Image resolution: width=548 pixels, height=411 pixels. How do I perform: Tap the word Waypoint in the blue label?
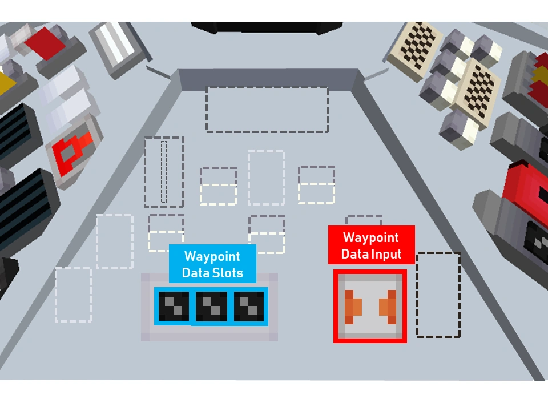[x=212, y=257]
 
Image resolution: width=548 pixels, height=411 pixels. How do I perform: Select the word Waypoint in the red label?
[x=371, y=237]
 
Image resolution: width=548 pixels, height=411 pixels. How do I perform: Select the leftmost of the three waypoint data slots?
[x=174, y=306]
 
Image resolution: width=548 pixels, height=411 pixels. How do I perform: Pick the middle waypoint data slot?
[x=211, y=306]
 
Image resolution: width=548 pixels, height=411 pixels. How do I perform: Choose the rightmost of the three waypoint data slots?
[x=249, y=306]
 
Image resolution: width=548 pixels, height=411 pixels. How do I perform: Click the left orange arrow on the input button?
[x=353, y=307]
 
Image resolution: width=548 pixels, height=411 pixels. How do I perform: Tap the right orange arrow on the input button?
[x=388, y=307]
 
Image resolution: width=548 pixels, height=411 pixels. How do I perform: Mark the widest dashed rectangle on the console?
[x=267, y=110]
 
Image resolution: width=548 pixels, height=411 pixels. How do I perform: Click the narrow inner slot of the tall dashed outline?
[x=164, y=172]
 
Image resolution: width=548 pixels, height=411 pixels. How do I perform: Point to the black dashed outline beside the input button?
[x=438, y=295]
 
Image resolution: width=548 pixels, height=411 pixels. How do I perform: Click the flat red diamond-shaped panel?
[x=45, y=43]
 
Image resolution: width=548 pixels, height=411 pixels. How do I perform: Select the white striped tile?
[x=117, y=46]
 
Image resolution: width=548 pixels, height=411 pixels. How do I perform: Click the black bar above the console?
[x=267, y=27]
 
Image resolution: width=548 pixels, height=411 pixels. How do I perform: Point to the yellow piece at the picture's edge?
[x=7, y=82]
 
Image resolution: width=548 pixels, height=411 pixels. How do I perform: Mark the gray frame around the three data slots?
[x=209, y=307]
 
